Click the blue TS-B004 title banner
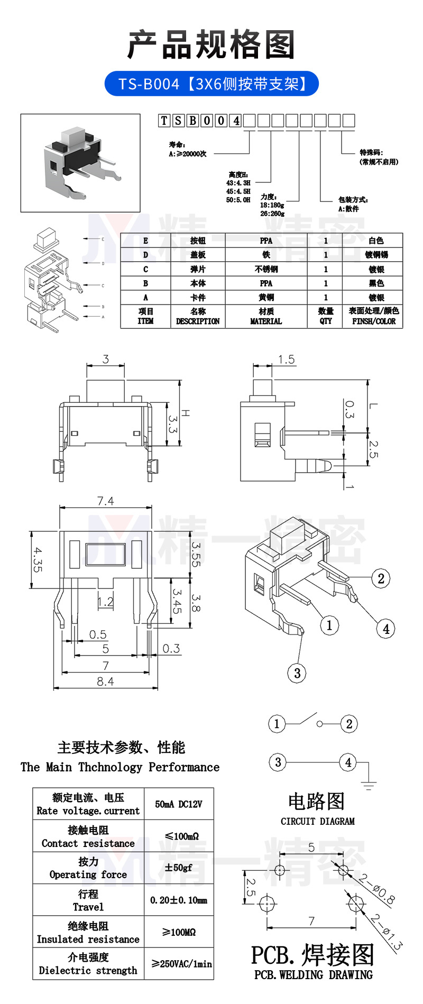pyautogui.click(x=212, y=84)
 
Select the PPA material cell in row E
pyautogui.click(x=266, y=241)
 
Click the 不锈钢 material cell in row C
pyautogui.click(x=266, y=269)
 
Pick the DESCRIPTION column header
pyautogui.click(x=198, y=316)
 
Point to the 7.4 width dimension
pyautogui.click(x=105, y=501)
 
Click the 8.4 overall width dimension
pyautogui.click(x=105, y=681)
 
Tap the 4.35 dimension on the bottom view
pyautogui.click(x=38, y=559)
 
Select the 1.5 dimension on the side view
pyautogui.click(x=286, y=360)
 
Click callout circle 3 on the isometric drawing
pyautogui.click(x=297, y=673)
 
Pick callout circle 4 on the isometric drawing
pyautogui.click(x=386, y=629)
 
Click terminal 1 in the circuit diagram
pyautogui.click(x=277, y=723)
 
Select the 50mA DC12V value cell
pyautogui.click(x=179, y=804)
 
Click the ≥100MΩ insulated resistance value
pyautogui.click(x=179, y=932)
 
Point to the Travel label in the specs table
pyautogui.click(x=88, y=907)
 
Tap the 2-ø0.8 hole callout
pyautogui.click(x=376, y=889)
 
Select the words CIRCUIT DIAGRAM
pyautogui.click(x=317, y=821)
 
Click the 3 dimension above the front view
pyautogui.click(x=106, y=360)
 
